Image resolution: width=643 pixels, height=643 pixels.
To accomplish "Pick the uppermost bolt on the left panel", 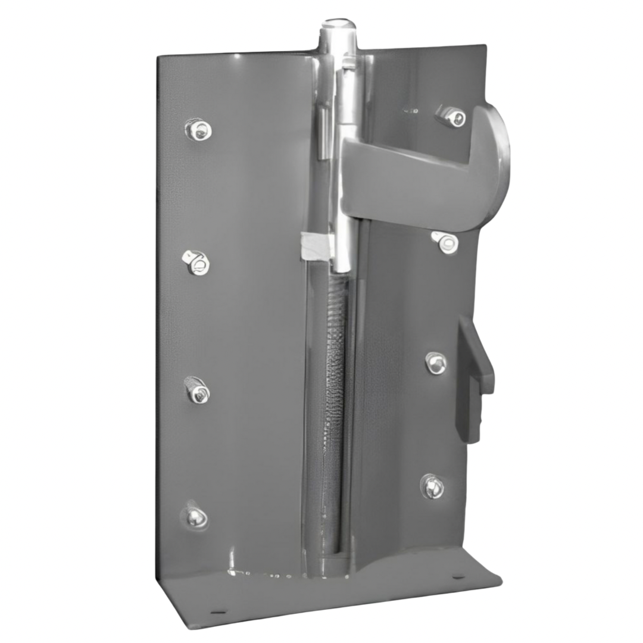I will tap(198, 129).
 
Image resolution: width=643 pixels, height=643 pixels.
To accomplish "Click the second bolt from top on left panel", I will tap(197, 262).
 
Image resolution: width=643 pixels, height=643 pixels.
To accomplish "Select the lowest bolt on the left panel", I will tap(195, 517).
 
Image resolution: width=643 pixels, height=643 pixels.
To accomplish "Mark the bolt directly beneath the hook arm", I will tap(447, 242).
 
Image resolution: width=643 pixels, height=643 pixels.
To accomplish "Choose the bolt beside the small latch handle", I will tap(436, 363).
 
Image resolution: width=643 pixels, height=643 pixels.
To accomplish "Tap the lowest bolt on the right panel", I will tap(433, 486).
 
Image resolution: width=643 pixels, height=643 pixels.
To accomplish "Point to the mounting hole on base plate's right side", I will tap(457, 577).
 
